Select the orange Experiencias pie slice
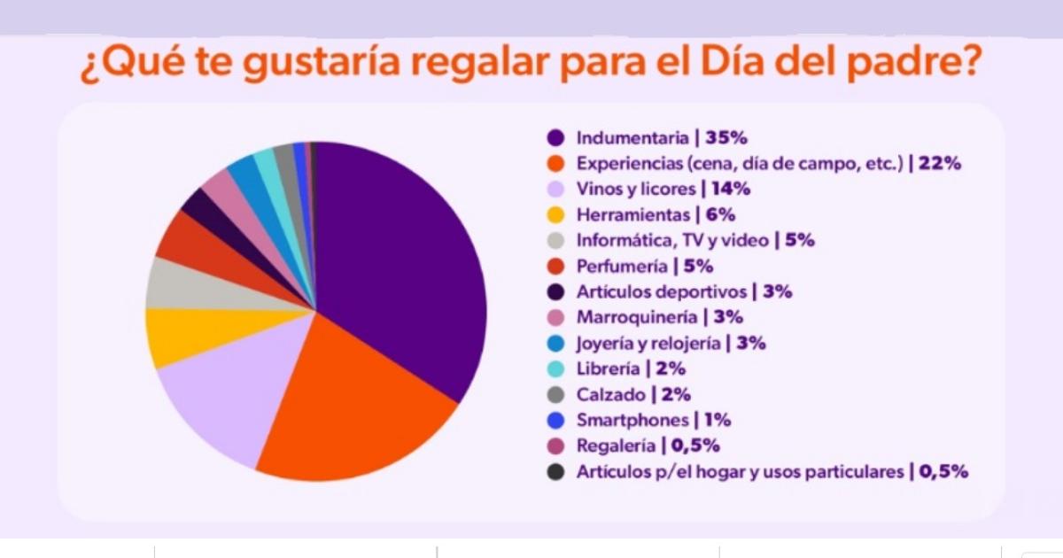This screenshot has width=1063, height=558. pos(354,407)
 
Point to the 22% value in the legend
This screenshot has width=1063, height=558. pos(940,164)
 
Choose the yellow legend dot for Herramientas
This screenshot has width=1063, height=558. pos(556,215)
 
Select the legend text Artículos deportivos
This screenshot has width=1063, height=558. pos(661,291)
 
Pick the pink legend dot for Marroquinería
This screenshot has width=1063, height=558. pos(556,317)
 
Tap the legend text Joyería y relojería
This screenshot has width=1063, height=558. pos(649,344)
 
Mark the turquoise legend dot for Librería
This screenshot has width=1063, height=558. pos(556,369)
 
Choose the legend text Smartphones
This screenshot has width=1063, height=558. pos(632,421)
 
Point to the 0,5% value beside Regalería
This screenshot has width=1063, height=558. pos(696,446)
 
